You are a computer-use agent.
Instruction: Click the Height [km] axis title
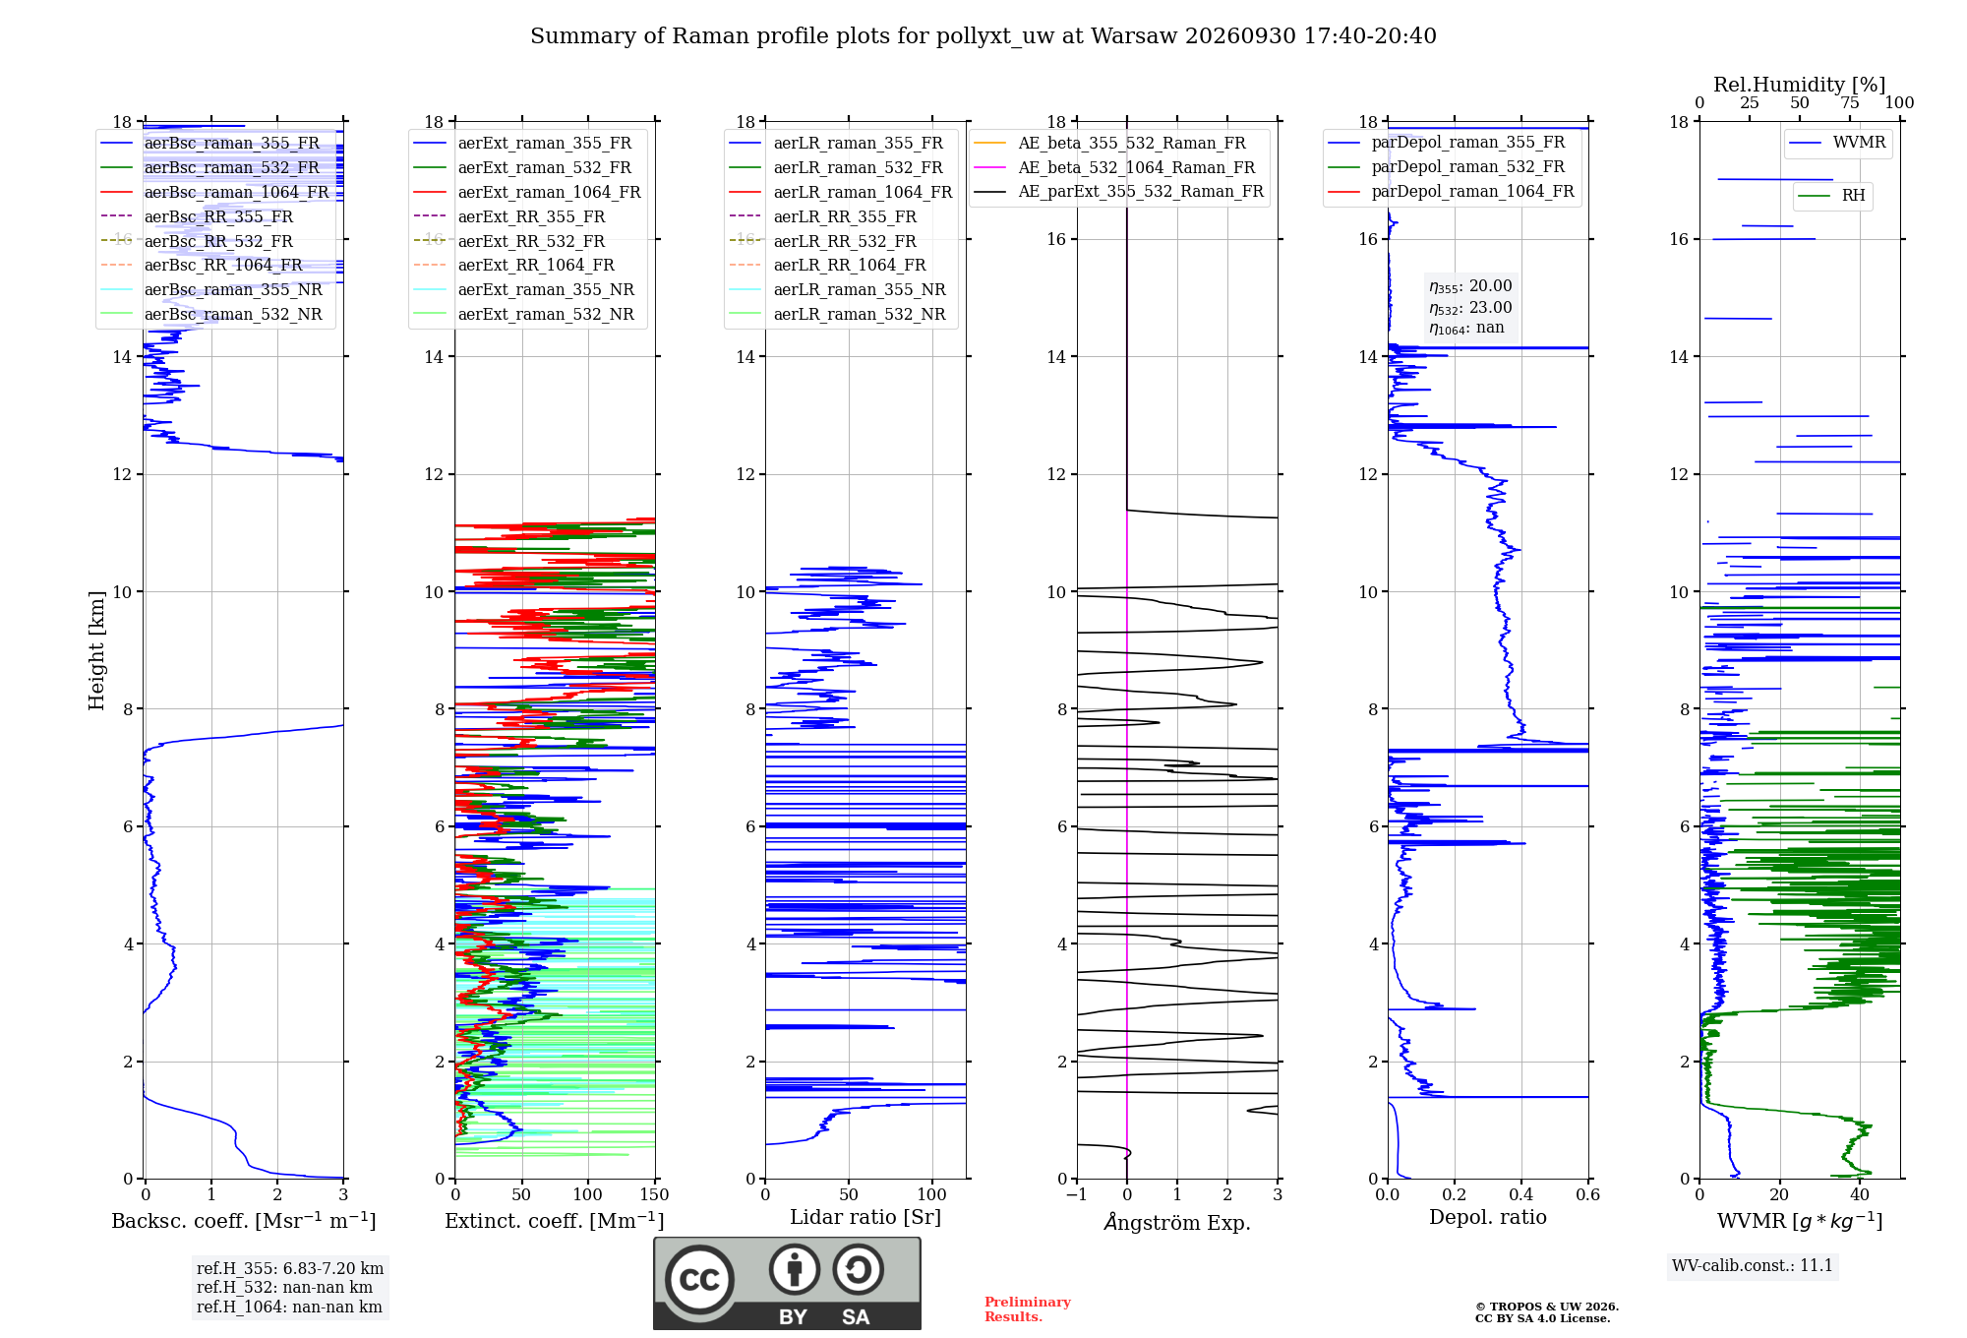coord(96,650)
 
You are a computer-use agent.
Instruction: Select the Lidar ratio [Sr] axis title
coord(865,1217)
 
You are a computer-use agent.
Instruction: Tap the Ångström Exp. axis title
coord(1177,1222)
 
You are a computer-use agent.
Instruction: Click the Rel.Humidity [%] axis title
coord(1800,85)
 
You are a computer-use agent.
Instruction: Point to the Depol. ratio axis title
coord(1488,1217)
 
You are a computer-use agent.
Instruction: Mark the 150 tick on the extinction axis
coord(654,1194)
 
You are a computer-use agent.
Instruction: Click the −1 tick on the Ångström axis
coord(1077,1194)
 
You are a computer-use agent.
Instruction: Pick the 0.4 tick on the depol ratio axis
coord(1521,1194)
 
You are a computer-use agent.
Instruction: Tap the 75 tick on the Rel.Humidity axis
coord(1850,103)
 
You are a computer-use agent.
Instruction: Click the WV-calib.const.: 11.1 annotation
coord(1753,1265)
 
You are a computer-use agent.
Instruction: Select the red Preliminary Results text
coord(1028,1309)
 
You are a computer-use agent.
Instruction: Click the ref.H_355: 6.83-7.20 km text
coord(290,1268)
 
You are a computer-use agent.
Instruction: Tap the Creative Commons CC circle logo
coord(699,1279)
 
